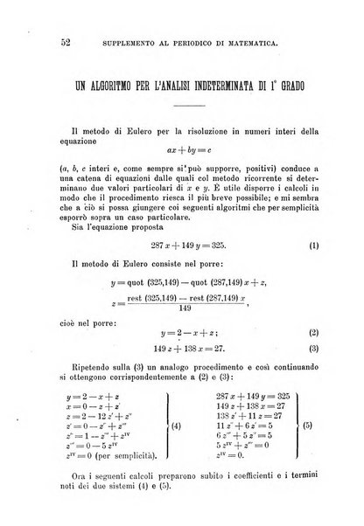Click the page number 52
(40, 42)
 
